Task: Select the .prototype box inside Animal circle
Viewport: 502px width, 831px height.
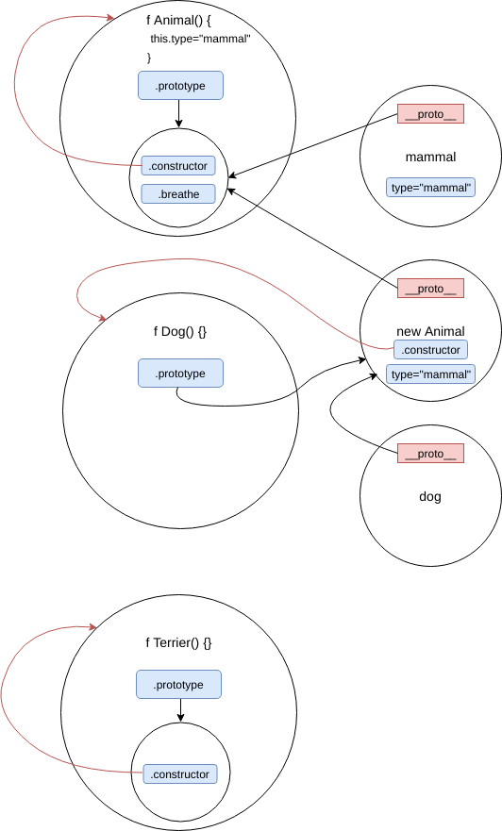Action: [x=180, y=86]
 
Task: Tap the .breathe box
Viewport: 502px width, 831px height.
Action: [x=178, y=194]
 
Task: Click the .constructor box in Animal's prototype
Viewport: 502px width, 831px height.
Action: [x=178, y=166]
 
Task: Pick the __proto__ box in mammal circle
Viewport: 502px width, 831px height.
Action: [x=430, y=114]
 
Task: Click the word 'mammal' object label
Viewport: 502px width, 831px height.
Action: [x=430, y=158]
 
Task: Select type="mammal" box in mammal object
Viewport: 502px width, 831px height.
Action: [x=430, y=188]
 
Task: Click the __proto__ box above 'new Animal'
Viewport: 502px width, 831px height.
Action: [x=430, y=289]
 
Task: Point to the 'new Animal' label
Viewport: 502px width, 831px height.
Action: [x=430, y=331]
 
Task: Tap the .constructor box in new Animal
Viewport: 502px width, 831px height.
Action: [x=430, y=350]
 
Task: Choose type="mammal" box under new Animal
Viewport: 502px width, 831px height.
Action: [x=430, y=374]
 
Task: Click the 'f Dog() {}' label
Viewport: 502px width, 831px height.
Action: [x=180, y=331]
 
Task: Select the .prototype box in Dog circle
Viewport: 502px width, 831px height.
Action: [x=180, y=374]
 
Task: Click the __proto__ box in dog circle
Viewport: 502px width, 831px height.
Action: [x=430, y=454]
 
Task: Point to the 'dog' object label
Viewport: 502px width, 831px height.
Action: [x=430, y=496]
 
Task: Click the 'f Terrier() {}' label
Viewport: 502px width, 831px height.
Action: [x=178, y=642]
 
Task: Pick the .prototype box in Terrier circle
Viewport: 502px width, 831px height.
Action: [x=178, y=685]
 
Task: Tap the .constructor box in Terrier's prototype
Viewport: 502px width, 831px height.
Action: [x=178, y=774]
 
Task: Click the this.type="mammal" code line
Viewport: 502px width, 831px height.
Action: [x=200, y=39]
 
